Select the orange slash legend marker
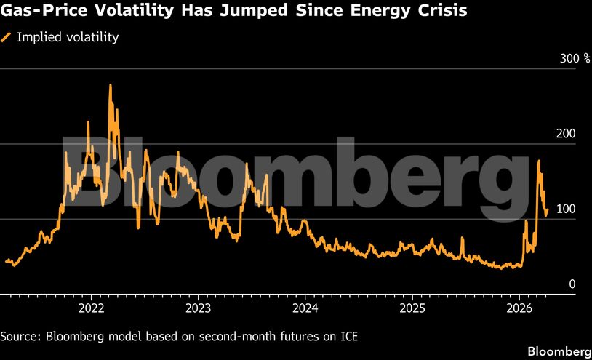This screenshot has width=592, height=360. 7,36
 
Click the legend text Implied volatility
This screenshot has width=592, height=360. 66,36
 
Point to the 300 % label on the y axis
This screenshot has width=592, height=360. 574,58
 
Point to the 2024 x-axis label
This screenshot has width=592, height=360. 305,308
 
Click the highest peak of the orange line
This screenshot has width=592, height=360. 111,85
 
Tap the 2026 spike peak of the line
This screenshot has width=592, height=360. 538,161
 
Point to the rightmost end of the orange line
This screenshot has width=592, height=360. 547,210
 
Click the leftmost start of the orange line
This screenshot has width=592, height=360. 6,261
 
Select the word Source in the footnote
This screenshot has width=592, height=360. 21,336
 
